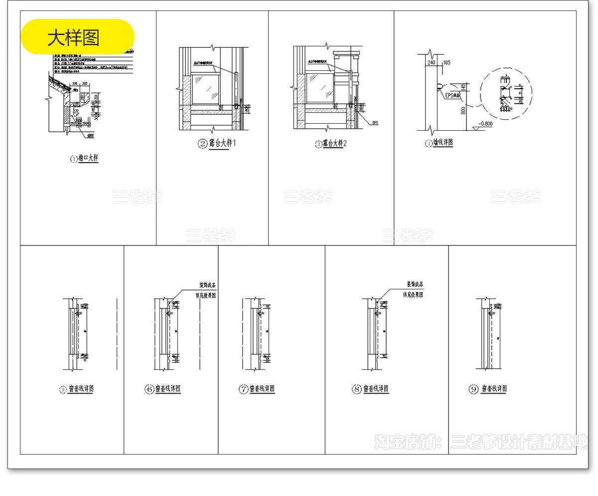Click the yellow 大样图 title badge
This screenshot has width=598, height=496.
77,36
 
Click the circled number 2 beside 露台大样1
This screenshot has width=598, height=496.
202,144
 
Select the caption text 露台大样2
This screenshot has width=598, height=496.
334,144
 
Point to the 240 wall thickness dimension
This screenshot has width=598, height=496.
431,62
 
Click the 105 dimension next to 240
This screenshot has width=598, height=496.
447,62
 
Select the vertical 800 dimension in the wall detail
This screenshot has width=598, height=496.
463,111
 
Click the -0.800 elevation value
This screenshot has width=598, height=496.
484,124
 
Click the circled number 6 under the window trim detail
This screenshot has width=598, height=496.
149,389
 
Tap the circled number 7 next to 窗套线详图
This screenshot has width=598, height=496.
243,389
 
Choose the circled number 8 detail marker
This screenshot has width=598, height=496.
356,389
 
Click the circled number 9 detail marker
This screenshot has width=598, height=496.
473,389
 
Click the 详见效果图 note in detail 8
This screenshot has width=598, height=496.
413,294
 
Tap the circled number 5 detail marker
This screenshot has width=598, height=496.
63,390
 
